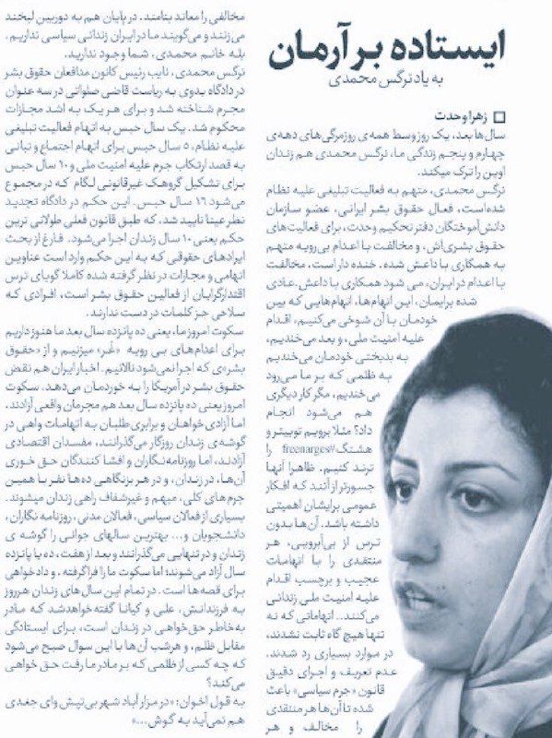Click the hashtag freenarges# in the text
tap(342, 423)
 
